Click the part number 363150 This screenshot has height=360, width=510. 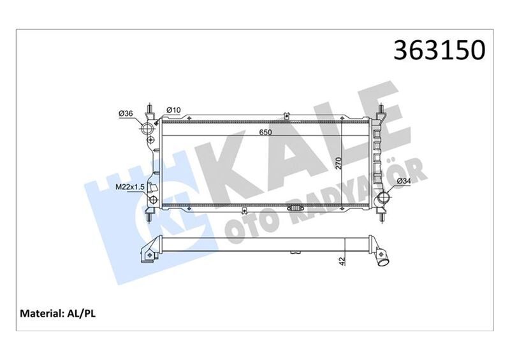[x=441, y=50]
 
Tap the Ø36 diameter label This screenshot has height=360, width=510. [x=125, y=113]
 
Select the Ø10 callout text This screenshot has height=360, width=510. [x=173, y=110]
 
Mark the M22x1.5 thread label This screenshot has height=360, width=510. [x=131, y=187]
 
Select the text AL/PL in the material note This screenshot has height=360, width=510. [x=82, y=313]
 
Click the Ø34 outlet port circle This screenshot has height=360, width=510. [x=384, y=199]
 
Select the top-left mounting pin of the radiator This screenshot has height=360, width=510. [x=149, y=110]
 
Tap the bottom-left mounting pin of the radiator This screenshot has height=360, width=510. [x=149, y=217]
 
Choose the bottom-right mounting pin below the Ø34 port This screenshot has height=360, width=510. [x=383, y=215]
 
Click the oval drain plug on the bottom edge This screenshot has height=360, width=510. [x=298, y=208]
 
